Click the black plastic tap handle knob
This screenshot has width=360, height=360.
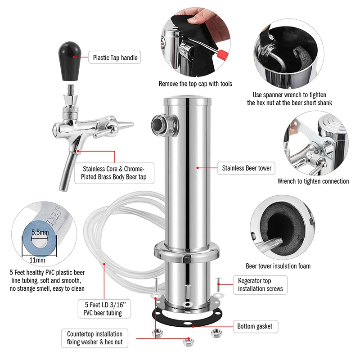coord(70,61)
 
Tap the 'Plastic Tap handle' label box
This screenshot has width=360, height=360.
coord(115,58)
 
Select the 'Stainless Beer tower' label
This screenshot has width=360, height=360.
coord(246,168)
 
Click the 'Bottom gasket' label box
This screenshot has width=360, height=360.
coord(256,326)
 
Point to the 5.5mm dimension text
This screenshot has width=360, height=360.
coord(40,232)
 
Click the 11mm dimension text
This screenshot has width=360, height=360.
coord(37,260)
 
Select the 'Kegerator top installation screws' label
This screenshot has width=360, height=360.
coord(260,285)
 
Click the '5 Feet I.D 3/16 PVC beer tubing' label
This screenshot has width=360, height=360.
coord(104,309)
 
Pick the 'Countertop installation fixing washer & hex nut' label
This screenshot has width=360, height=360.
coord(94,338)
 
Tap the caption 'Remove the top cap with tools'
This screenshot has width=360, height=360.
coord(195,84)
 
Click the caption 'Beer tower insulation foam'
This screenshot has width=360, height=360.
coord(278,266)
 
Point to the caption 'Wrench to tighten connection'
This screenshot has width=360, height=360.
coord(313,181)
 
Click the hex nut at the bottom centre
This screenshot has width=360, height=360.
coord(189,342)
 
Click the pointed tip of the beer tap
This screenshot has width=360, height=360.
coord(133,124)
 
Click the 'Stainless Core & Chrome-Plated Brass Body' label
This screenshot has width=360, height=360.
coord(114,173)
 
